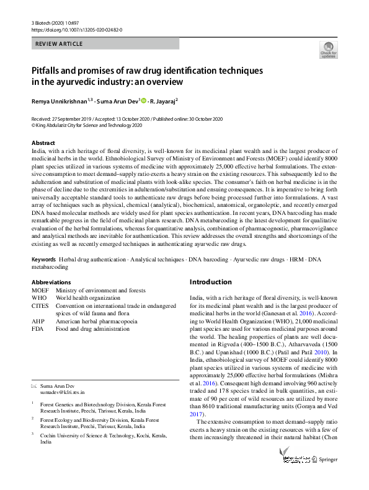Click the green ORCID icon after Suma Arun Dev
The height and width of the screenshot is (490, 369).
click(144, 100)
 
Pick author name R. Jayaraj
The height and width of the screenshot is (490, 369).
click(163, 100)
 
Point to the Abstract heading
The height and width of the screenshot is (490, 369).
click(43, 142)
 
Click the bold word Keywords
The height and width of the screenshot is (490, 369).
click(44, 276)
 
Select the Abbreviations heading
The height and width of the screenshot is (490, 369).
click(51, 282)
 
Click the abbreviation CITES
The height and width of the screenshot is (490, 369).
click(40, 306)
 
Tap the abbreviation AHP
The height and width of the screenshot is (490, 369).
click(38, 322)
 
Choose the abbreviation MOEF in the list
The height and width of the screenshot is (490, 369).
click(40, 290)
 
